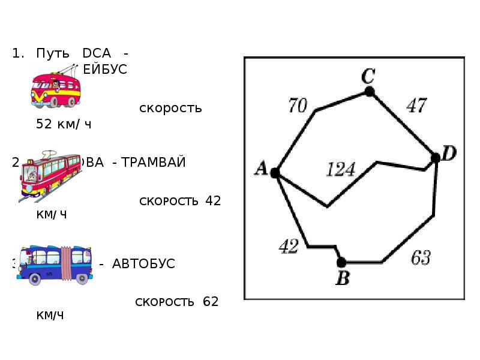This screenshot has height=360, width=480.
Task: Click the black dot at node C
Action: point(370,91)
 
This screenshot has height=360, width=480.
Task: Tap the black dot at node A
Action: point(275,173)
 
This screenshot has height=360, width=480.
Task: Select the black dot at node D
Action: point(436,158)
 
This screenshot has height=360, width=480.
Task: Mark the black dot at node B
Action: point(341,262)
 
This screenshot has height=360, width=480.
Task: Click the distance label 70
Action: point(298,106)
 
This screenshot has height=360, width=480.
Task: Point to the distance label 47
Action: point(416,106)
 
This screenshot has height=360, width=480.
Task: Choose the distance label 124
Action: point(340,170)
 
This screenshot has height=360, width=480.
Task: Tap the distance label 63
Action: point(420,258)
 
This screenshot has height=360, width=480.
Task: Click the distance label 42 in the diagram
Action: point(289,246)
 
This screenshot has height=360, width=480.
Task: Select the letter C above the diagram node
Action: point(368,76)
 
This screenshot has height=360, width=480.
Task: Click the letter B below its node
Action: point(342,278)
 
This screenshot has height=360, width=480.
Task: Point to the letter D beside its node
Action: point(449,154)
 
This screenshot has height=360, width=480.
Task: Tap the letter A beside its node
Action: point(261,170)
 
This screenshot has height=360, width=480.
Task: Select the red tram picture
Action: point(51,174)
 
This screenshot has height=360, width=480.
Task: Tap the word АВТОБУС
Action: point(144,264)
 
